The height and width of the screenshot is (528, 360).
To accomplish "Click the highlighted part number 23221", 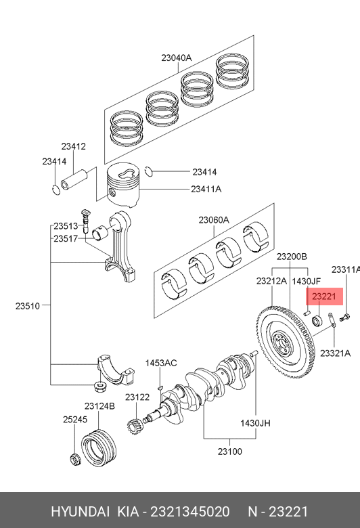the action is (324, 296).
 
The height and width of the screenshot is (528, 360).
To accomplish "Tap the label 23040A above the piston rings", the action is (177, 58).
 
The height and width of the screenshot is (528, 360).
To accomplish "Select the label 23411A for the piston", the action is (206, 190).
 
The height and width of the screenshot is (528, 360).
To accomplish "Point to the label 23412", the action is (73, 146).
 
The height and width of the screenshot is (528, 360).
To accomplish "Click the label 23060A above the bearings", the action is (214, 220).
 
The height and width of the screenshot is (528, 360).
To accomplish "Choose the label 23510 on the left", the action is (28, 306).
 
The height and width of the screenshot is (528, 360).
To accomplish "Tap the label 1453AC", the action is (161, 363).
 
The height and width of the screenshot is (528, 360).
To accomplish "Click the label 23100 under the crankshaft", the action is (229, 452).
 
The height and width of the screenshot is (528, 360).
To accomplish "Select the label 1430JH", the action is (255, 423).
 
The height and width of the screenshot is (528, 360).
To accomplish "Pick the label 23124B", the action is (99, 406).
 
